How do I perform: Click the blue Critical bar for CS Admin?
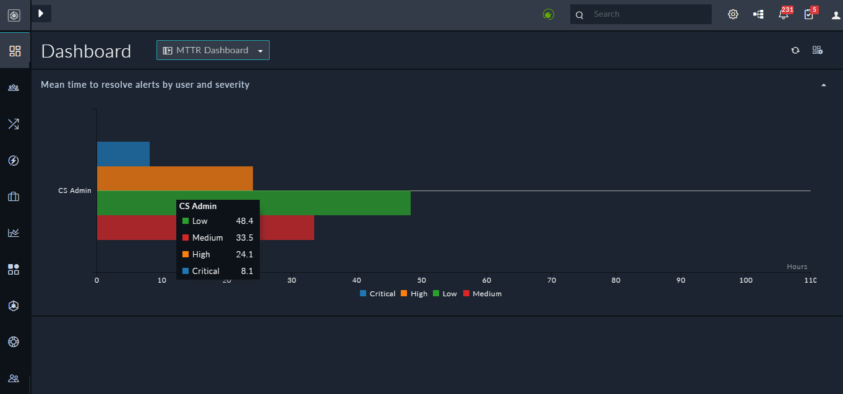[x=123, y=154]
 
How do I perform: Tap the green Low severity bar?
[x=334, y=203]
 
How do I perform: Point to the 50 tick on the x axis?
[x=422, y=280]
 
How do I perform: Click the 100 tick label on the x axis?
[x=746, y=280]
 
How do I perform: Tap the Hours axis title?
[x=797, y=267]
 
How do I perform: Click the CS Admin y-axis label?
[x=75, y=191]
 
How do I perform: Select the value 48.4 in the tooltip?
[x=244, y=221]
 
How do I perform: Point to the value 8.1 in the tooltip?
[x=247, y=271]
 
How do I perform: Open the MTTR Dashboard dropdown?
[x=213, y=50]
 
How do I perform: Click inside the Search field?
[x=646, y=14]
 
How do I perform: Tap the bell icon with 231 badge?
[x=783, y=14]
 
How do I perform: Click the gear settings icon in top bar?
[x=733, y=14]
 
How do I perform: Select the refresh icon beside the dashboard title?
[x=795, y=50]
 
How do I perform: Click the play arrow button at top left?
[x=41, y=13]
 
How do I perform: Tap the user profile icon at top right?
[x=836, y=15]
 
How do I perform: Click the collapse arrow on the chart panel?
[x=823, y=85]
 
